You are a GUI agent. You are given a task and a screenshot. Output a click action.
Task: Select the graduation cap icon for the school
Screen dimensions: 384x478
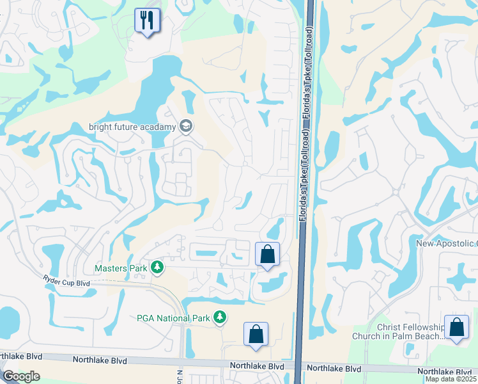[186, 126]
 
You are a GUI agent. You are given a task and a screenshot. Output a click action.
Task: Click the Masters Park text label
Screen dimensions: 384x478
[120, 268]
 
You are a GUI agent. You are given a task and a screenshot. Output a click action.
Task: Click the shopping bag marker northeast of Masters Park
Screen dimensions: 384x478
[268, 254]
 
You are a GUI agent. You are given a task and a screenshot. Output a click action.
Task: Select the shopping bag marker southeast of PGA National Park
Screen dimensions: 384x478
[256, 333]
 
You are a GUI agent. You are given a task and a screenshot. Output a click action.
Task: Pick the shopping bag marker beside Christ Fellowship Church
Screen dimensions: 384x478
[457, 328]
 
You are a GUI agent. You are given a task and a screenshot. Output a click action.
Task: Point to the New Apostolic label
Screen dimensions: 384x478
[446, 243]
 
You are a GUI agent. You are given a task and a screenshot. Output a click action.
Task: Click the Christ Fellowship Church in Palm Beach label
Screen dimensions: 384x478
[397, 332]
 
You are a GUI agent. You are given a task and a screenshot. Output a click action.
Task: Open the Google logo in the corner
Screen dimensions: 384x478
[21, 376]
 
